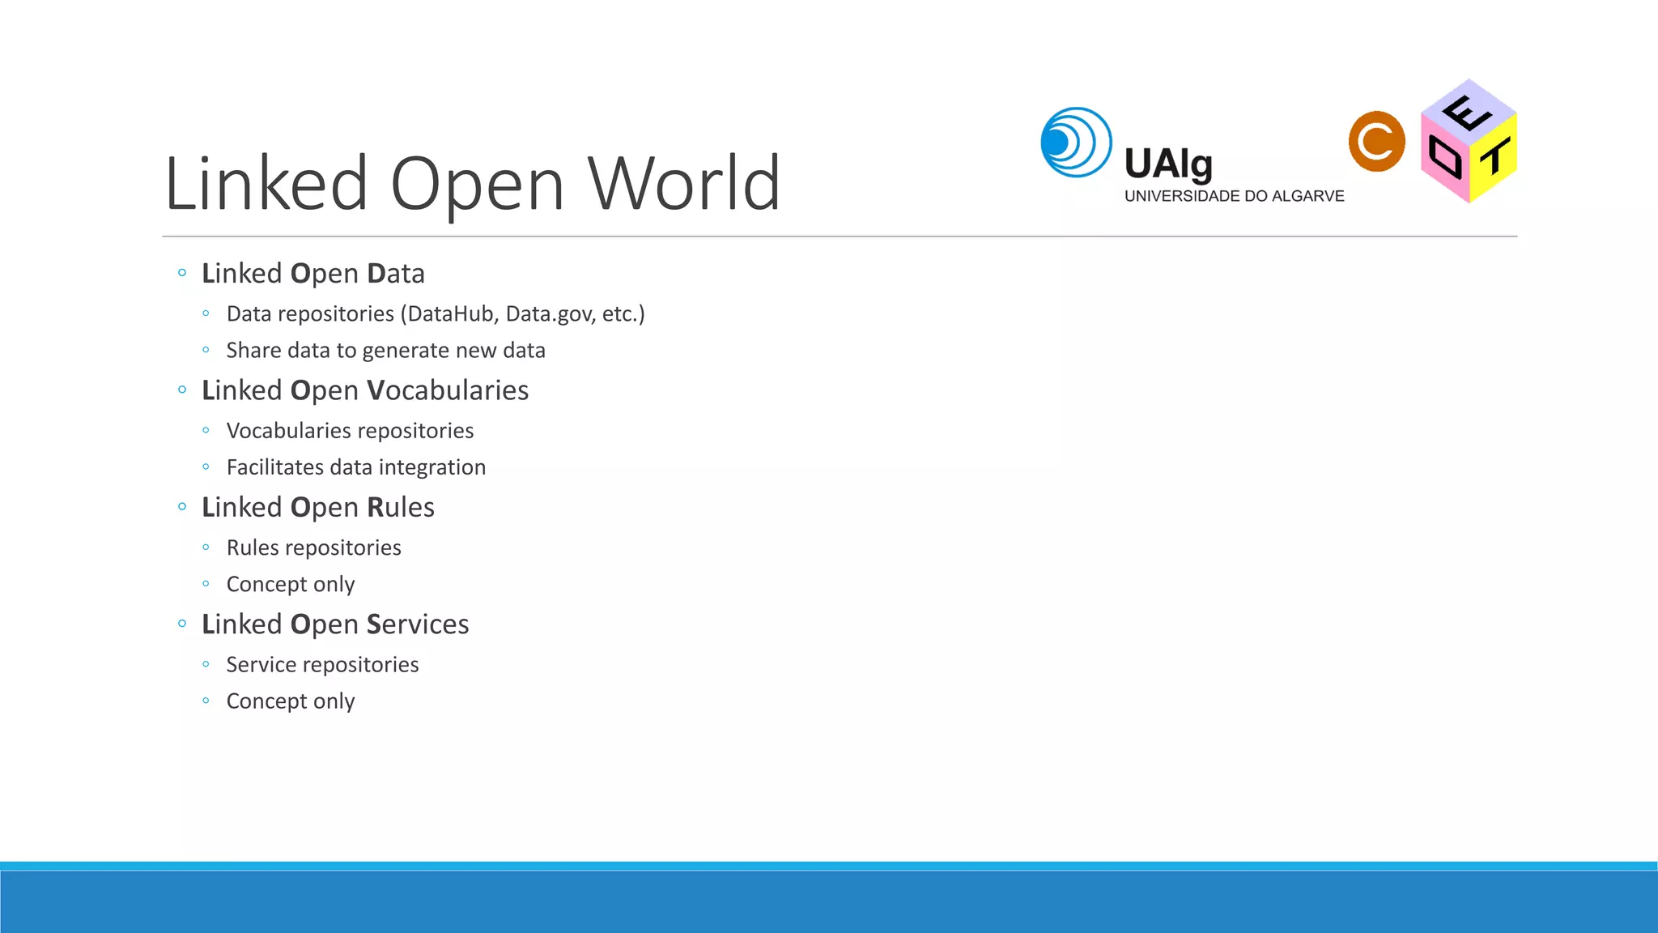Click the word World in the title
pos(684,184)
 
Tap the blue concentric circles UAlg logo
pos(1076,143)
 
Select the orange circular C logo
pos(1376,142)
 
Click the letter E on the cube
pos(1467,113)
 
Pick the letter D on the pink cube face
pos(1445,157)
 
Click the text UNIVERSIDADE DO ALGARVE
pos(1234,196)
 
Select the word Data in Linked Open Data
pos(396,274)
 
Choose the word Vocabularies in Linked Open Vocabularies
pos(448,390)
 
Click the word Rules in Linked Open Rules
pos(401,507)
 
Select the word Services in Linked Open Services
pos(418,624)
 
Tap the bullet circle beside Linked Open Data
pos(182,273)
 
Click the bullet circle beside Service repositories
pos(206,664)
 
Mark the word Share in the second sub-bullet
pos(253,351)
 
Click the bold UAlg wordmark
pos(1168,164)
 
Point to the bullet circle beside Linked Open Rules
pos(182,507)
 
